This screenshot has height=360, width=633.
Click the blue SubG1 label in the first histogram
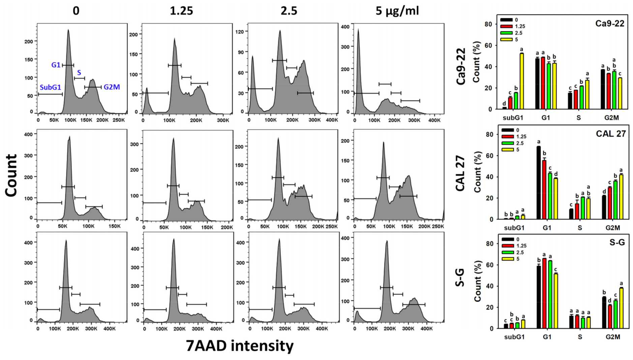[50, 87]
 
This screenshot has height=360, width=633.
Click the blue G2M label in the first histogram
[112, 87]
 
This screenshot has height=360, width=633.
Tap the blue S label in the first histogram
[79, 73]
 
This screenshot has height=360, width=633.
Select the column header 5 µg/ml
[397, 11]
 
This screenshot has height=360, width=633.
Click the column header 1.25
[181, 11]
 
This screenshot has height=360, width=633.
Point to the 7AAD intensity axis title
[240, 346]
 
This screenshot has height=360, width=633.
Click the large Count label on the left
[11, 175]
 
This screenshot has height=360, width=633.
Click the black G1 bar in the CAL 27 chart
[539, 183]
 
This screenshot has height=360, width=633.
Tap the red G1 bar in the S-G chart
[544, 293]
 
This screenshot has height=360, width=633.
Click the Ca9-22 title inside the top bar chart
[609, 24]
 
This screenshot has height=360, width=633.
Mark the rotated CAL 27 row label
[460, 173]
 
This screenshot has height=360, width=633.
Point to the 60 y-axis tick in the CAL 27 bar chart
[489, 156]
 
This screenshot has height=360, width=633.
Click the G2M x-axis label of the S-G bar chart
[612, 337]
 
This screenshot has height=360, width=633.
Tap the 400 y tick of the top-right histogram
[345, 27]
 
